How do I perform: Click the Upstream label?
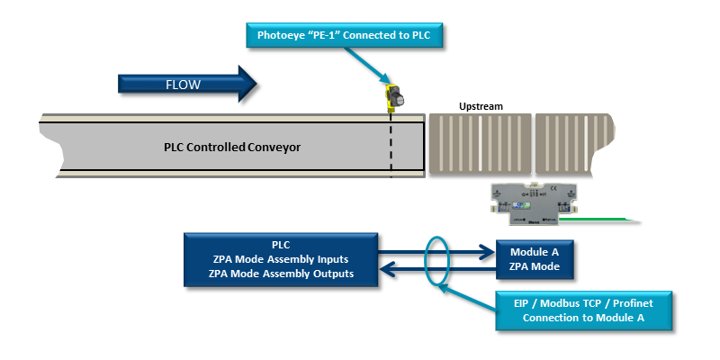(481, 106)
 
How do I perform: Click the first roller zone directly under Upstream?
(479, 143)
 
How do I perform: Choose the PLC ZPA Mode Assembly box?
(281, 259)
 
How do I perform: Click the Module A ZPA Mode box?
(535, 259)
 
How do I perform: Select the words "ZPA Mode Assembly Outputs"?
(281, 274)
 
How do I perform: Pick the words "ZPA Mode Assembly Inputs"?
(281, 259)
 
